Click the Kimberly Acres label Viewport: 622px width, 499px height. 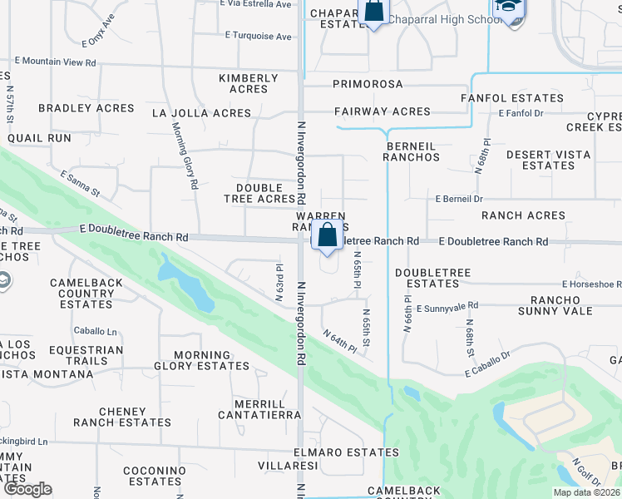pyautogui.click(x=249, y=84)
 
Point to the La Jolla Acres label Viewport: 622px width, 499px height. pyautogui.click(x=201, y=113)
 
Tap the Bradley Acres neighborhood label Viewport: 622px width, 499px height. pyautogui.click(x=86, y=108)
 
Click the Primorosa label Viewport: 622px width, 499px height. pyautogui.click(x=368, y=84)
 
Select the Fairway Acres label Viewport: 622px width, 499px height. pyautogui.click(x=383, y=111)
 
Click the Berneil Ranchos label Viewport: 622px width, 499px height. pyautogui.click(x=412, y=151)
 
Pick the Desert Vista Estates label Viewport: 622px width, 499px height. pyautogui.click(x=548, y=160)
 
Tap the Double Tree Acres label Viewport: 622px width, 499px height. pyautogui.click(x=260, y=194)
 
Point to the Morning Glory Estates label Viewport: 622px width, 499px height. pyautogui.click(x=202, y=361)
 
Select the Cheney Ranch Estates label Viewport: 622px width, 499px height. pyautogui.click(x=122, y=417)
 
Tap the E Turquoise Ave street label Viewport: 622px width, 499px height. pyautogui.click(x=259, y=37)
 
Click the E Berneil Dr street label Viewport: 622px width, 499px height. pyautogui.click(x=459, y=200)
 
